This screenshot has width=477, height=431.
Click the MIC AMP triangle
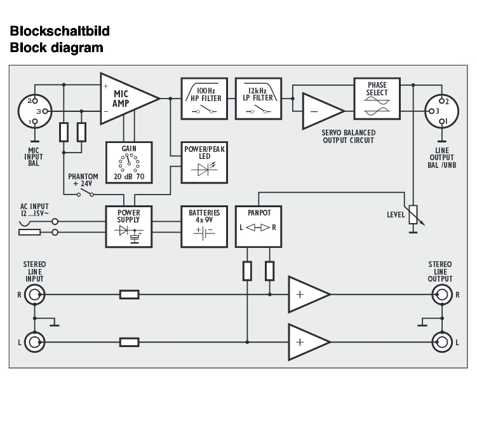[125, 98]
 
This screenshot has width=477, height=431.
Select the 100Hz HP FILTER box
[205, 99]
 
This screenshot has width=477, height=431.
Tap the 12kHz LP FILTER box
[259, 99]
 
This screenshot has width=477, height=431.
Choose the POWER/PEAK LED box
[205, 161]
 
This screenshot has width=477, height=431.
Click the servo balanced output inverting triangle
[321, 110]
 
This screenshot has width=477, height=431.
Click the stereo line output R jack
[441, 294]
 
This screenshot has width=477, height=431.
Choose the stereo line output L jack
[441, 342]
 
